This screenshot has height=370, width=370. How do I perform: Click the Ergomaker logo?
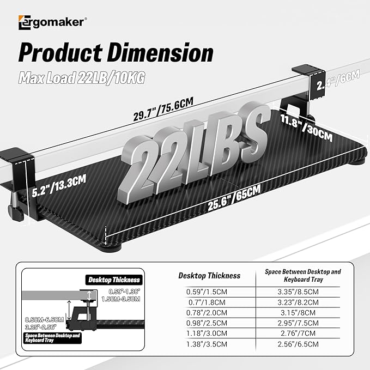tap(52, 22)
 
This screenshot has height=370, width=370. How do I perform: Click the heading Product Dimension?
tap(116, 53)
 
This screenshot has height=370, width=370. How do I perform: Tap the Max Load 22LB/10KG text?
tap(82, 78)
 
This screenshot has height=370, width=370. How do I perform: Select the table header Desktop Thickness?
tap(209, 276)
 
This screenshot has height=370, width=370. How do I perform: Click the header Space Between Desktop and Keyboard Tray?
tap(302, 275)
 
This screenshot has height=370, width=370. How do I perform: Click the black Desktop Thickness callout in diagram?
tap(113, 280)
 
